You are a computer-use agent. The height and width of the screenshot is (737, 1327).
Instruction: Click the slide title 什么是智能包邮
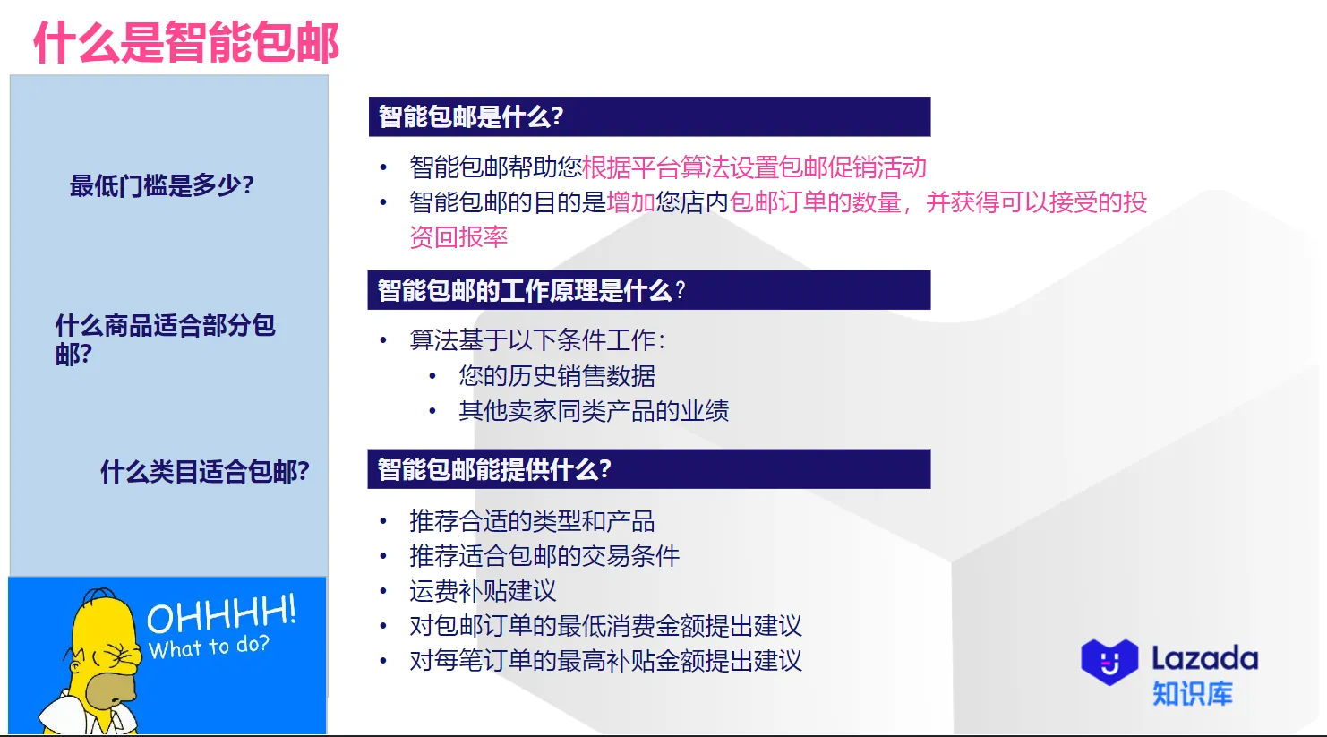pos(186,42)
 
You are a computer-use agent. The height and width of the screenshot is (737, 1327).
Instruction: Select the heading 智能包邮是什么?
pos(471,116)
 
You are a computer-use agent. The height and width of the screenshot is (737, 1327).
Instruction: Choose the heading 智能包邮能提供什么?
pos(494,469)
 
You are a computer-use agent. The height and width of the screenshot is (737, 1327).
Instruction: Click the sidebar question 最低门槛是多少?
pos(162,185)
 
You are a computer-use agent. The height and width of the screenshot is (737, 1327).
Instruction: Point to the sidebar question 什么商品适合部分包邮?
pos(165,339)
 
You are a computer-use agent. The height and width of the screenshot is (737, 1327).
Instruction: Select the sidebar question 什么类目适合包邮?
pos(204,471)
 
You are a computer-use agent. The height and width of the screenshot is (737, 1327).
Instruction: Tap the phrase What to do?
pos(209,647)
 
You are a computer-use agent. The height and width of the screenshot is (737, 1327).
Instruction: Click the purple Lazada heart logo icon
pos(1109,662)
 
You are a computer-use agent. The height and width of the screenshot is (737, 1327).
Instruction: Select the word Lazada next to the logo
pos(1204,658)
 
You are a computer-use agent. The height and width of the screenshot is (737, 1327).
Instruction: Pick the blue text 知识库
pos(1192,693)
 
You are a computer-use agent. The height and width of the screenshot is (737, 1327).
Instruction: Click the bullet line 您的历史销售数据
pos(556,376)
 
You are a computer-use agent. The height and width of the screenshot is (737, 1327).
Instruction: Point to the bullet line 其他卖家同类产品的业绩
pos(593,411)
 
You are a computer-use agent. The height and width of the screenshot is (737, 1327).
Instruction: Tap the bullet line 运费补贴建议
pos(483,591)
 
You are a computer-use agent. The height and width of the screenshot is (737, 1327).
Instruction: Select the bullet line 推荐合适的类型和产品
pos(532,521)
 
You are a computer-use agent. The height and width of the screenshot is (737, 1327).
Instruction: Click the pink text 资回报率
pos(458,237)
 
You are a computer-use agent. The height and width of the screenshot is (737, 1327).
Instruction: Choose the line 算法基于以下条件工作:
pos(537,340)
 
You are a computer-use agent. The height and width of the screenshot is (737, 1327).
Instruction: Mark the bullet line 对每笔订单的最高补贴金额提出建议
pos(605,661)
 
